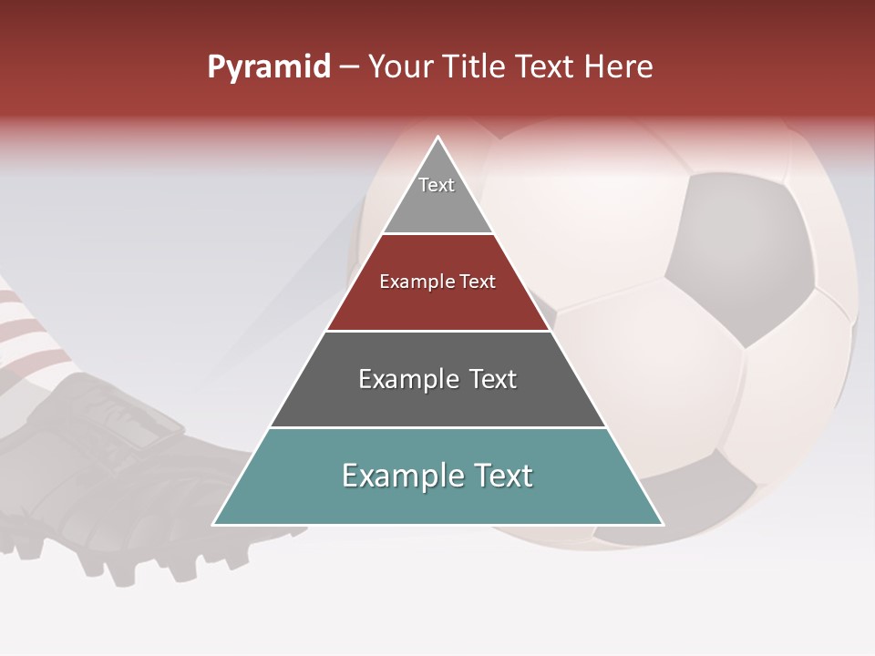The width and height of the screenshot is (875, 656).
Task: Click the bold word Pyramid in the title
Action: tap(269, 67)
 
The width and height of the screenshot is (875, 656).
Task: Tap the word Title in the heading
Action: tap(473, 67)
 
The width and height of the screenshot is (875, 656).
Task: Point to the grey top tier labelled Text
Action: tap(437, 196)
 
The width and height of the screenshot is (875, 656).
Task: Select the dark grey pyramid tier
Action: tap(437, 401)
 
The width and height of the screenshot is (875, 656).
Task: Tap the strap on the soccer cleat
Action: tap(137, 428)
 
